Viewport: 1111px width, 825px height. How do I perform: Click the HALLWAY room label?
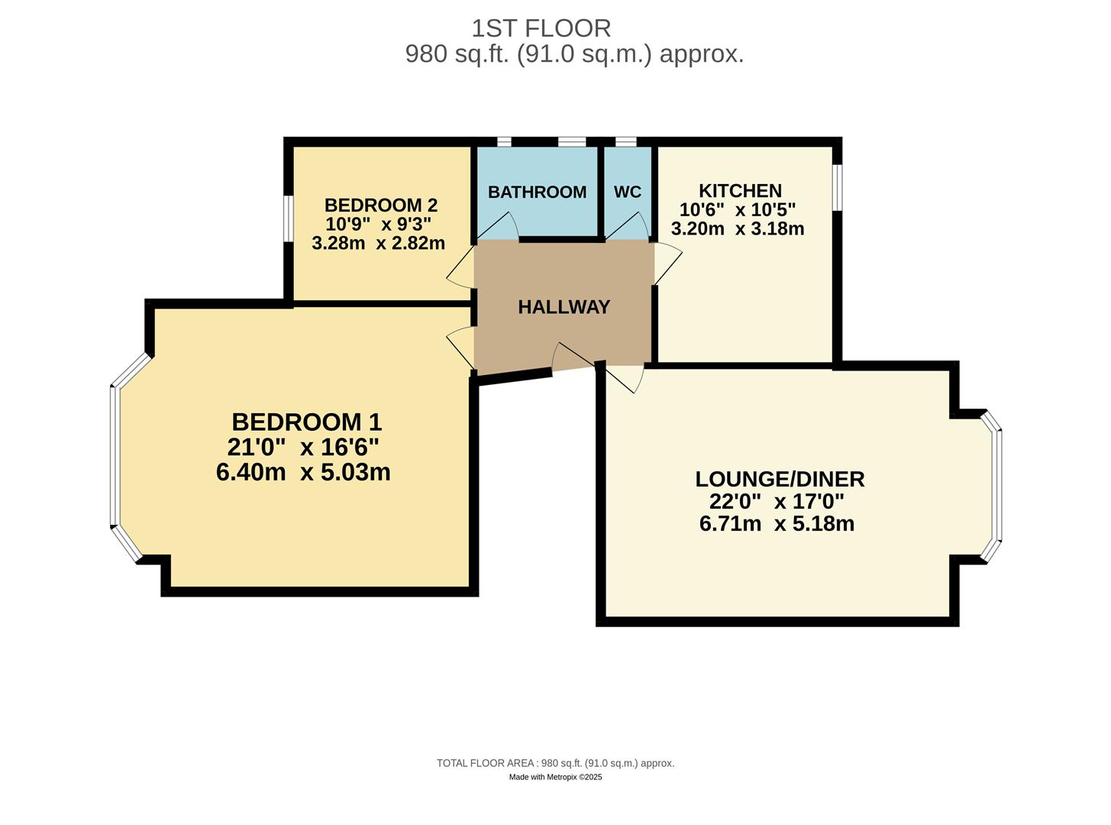[x=564, y=307]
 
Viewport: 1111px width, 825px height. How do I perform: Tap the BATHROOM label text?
[x=537, y=192]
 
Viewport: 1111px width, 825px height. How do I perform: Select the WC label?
[x=628, y=192]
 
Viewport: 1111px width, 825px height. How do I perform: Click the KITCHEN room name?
[x=740, y=190]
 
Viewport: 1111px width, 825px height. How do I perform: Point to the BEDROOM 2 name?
[x=380, y=205]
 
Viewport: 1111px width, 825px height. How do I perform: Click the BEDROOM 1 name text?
[x=306, y=422]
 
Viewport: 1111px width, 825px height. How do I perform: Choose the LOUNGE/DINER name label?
[x=780, y=479]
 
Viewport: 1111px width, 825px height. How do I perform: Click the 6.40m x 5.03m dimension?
[x=303, y=472]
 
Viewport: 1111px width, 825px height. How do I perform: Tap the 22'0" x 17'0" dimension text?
[x=777, y=502]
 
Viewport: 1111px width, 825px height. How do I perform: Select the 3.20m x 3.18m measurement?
[x=737, y=228]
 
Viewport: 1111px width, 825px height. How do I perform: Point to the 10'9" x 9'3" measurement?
[x=378, y=225]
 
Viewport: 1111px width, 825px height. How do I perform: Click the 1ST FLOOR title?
[x=541, y=28]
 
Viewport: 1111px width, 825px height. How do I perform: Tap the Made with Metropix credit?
[x=555, y=777]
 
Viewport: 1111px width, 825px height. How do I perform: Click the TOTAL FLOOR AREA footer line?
[x=555, y=763]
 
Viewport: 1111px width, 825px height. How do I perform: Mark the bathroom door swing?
[x=500, y=226]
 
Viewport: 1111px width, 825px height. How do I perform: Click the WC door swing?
[x=630, y=226]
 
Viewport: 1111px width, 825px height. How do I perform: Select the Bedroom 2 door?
[x=460, y=264]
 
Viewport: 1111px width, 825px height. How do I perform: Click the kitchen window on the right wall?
[x=838, y=187]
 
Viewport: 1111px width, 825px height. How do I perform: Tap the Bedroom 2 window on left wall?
[x=288, y=218]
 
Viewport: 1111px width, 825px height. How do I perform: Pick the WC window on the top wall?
[x=625, y=142]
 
